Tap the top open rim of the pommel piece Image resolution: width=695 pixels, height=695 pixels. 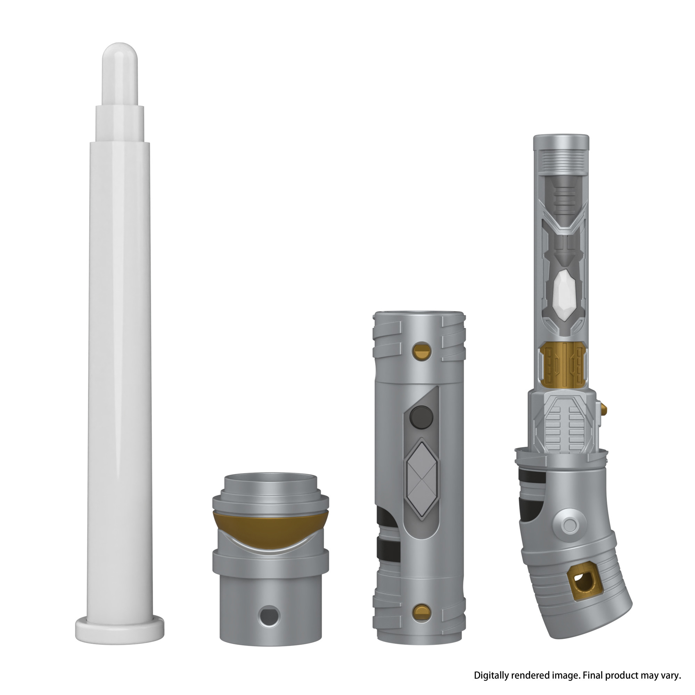[270, 479]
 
